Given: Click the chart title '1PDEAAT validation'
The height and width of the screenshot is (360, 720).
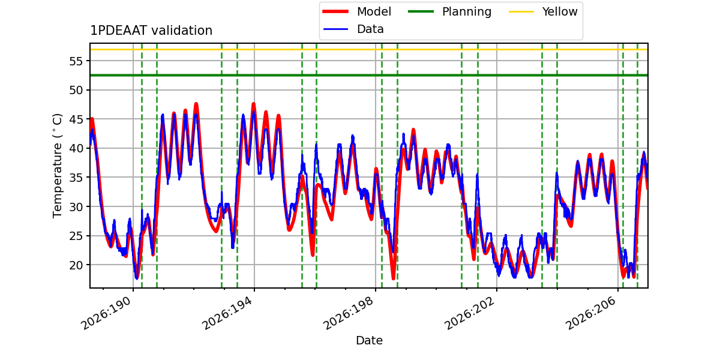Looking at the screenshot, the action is click(x=151, y=31).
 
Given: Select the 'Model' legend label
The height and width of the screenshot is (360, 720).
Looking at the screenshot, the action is click(x=374, y=11).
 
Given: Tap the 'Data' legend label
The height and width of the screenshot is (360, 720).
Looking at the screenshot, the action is click(x=370, y=29).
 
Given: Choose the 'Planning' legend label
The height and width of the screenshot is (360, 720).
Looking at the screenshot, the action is click(x=467, y=12).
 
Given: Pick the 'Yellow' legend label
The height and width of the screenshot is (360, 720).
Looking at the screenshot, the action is click(x=560, y=11).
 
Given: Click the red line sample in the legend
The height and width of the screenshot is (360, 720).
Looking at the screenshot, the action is click(x=335, y=11).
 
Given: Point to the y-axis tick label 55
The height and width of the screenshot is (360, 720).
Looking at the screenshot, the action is click(x=76, y=61).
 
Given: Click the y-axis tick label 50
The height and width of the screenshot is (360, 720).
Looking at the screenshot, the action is click(x=76, y=90).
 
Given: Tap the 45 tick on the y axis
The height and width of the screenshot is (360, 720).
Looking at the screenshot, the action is click(x=76, y=119).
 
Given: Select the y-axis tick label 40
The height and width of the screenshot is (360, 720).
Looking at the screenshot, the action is click(x=76, y=148).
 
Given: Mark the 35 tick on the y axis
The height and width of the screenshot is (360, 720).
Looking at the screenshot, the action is click(x=76, y=178).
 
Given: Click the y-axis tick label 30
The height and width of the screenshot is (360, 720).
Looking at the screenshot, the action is click(x=76, y=206).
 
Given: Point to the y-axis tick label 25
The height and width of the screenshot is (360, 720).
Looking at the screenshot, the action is click(x=76, y=236).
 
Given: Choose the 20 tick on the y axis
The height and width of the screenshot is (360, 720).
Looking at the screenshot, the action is click(x=76, y=265).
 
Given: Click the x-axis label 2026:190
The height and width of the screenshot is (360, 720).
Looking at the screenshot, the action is click(x=106, y=313).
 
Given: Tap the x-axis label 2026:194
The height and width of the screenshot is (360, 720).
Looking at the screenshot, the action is click(x=227, y=313).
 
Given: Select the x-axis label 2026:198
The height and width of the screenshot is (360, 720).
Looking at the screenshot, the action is click(x=349, y=313).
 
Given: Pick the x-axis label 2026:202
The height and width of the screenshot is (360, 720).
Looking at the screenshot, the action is click(x=470, y=313).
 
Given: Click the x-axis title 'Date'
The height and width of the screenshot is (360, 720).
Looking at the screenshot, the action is click(x=369, y=340).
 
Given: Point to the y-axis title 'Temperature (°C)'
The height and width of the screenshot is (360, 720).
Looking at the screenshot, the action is click(x=57, y=166).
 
